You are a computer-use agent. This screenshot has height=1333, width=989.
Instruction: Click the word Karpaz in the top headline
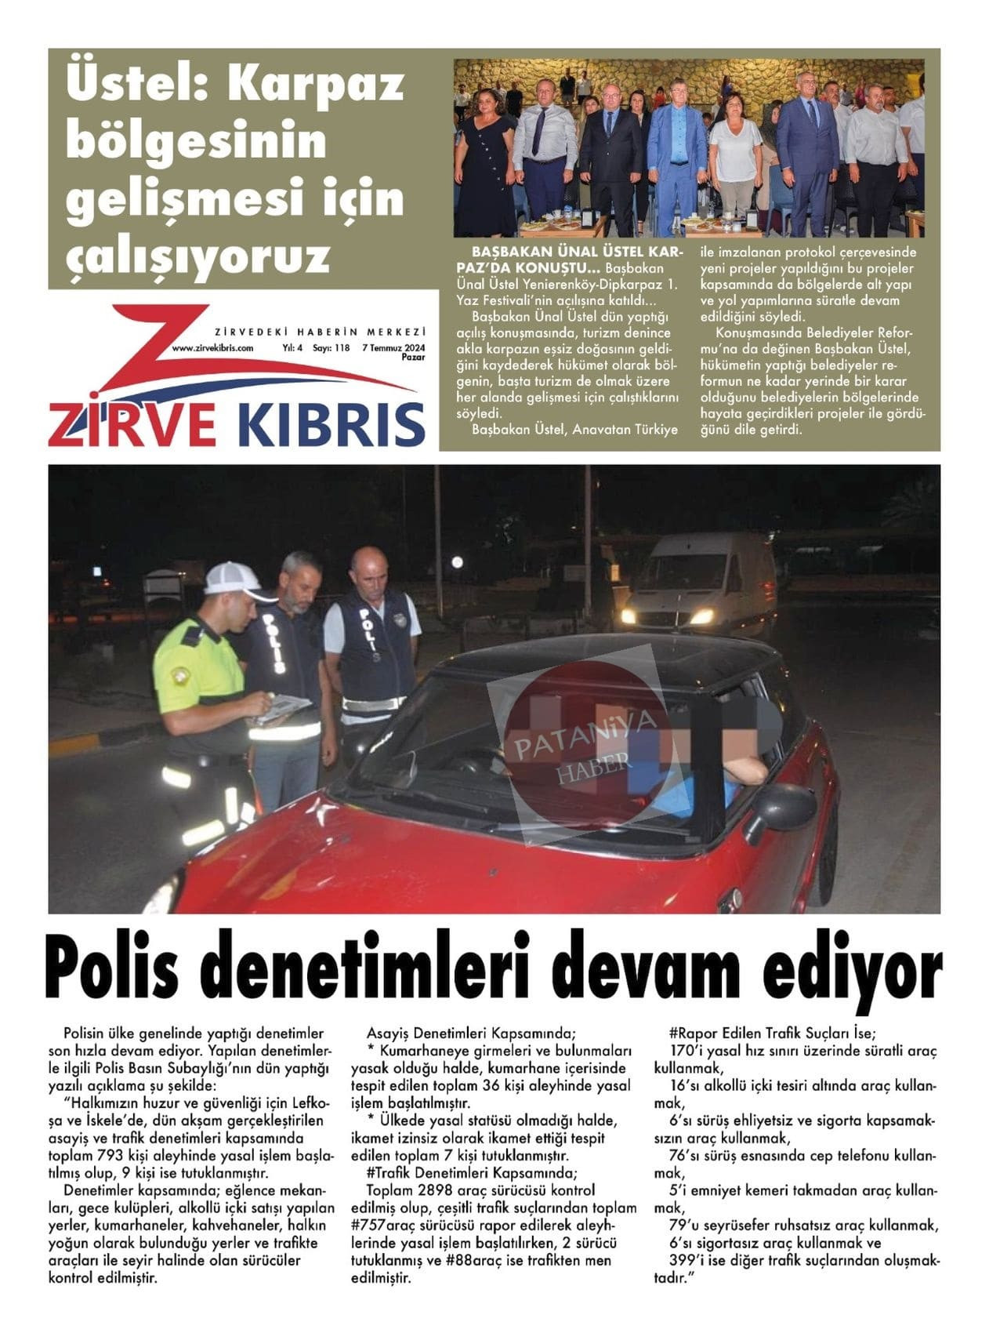316,85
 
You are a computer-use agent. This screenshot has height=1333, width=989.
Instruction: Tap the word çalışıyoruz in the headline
197,256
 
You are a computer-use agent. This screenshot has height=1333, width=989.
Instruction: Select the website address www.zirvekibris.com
212,347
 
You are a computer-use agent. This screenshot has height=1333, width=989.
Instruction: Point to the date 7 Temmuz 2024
393,347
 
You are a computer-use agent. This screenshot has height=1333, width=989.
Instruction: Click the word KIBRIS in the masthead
330,424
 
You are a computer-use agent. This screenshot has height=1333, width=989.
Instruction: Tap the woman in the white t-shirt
735,157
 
